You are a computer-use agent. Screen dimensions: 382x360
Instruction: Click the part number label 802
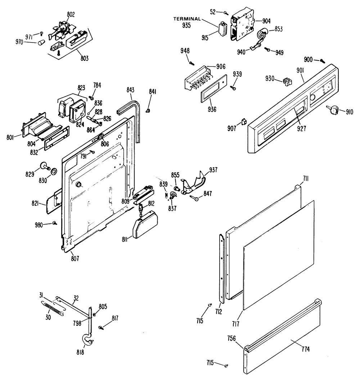[x=71, y=14]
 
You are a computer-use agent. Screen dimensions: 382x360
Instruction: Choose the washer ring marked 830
[x=53, y=170]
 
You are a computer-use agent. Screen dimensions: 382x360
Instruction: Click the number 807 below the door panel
[x=75, y=258]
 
